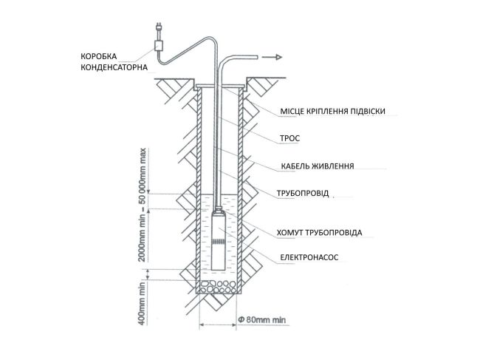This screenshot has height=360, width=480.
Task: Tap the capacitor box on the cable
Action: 158,45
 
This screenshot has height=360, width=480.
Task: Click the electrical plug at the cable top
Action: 158,30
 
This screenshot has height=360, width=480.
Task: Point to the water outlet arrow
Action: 274,55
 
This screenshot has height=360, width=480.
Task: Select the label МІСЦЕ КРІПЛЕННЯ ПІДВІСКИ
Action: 332,112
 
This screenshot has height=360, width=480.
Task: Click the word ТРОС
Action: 291,138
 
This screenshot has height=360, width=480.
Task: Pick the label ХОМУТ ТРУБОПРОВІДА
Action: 319,232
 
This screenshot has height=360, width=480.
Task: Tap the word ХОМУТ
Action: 291,232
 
